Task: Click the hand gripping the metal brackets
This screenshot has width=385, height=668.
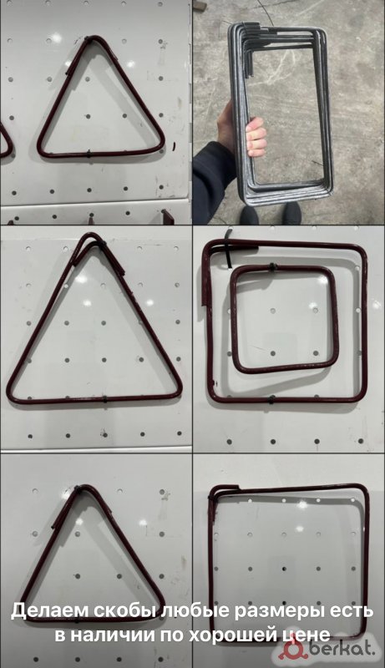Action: pyautogui.click(x=256, y=136)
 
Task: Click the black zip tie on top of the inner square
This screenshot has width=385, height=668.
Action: pyautogui.click(x=272, y=267)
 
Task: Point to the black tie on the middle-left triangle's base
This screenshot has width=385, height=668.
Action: pyautogui.click(x=104, y=400)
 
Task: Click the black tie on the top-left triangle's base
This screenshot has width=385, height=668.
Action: pyautogui.click(x=89, y=154)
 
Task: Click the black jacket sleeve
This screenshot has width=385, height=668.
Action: pyautogui.click(x=213, y=179)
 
